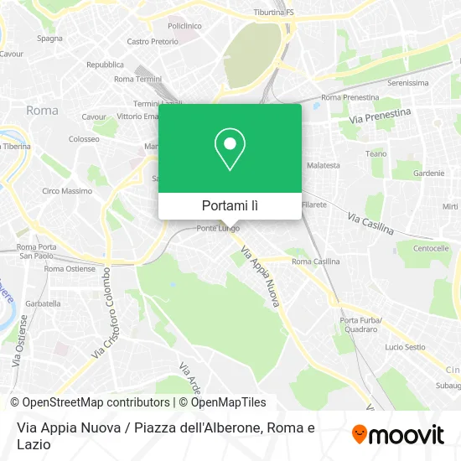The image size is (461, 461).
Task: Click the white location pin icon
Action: (x=230, y=149)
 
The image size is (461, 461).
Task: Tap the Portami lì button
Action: (x=230, y=205)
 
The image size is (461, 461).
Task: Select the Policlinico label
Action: (x=184, y=26)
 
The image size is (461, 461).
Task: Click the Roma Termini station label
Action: (x=137, y=79)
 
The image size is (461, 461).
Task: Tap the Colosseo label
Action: (x=84, y=139)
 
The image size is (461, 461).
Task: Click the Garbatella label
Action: (x=44, y=303)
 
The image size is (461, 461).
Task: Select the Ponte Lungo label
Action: (x=218, y=228)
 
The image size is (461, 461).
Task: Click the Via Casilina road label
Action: (x=370, y=224)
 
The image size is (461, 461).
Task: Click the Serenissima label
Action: (x=408, y=83)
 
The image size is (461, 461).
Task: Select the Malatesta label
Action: (x=324, y=166)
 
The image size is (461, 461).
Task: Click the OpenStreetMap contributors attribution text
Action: (x=85, y=402)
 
